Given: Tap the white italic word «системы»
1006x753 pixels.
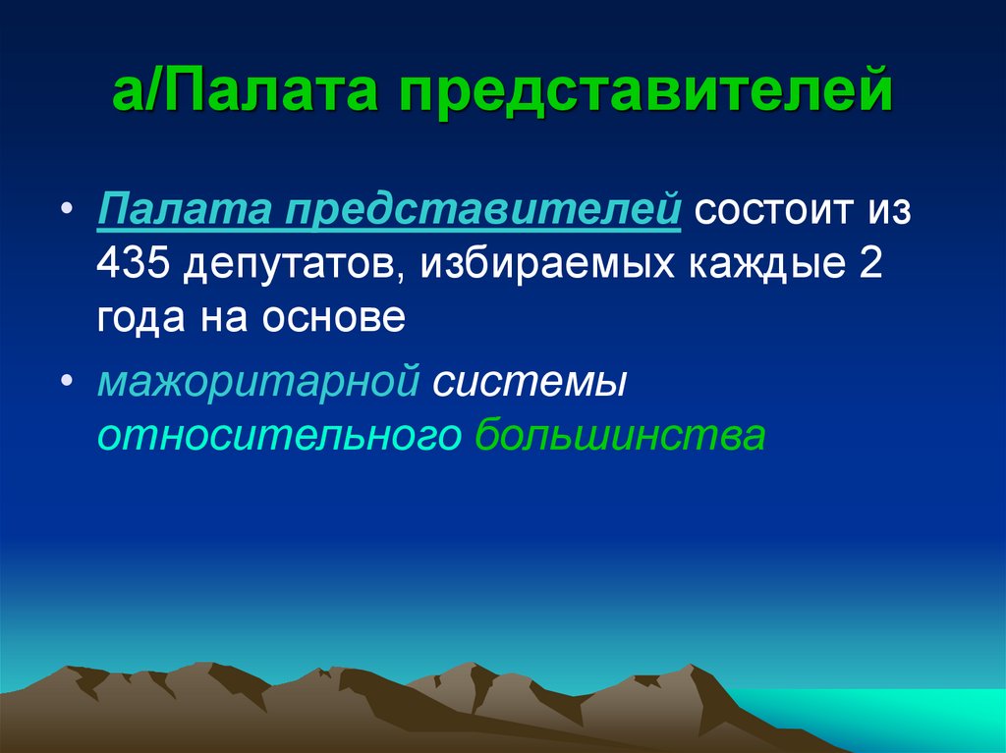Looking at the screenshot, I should pyautogui.click(x=530, y=382).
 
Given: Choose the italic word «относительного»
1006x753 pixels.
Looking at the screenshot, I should pyautogui.click(x=278, y=436).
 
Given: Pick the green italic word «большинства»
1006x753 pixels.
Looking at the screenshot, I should pyautogui.click(x=619, y=436).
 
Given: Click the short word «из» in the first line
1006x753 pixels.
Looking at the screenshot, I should pyautogui.click(x=889, y=212).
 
